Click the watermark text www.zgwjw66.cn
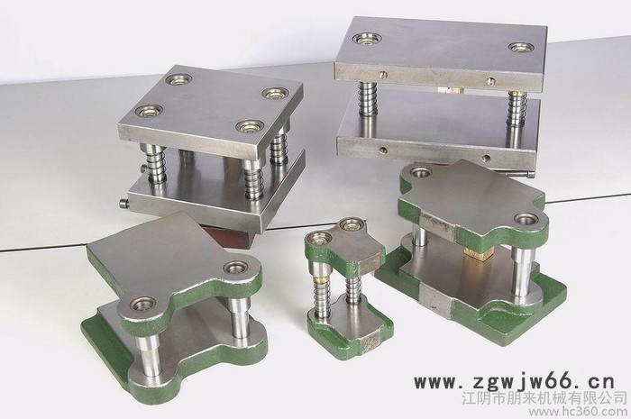515,381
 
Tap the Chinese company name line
544,398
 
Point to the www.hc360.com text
579,412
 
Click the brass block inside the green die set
477,253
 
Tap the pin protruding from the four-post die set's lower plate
124,203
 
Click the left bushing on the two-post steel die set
367,39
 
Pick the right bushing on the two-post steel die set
522,47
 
